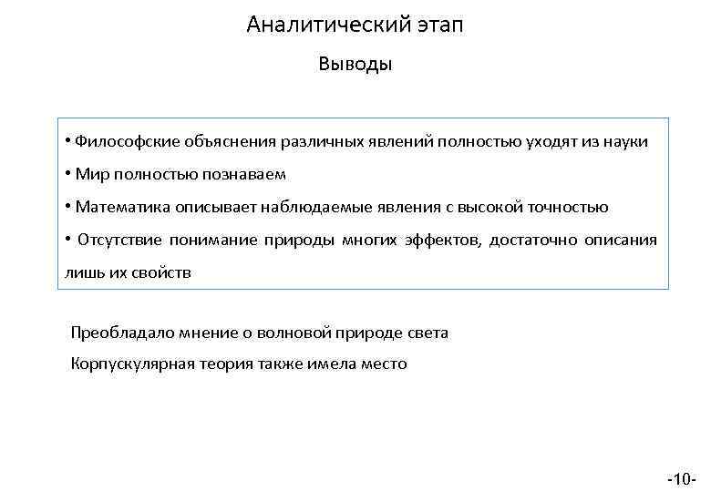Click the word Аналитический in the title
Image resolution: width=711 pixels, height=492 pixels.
tap(319, 25)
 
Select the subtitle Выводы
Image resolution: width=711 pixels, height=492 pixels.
tap(355, 65)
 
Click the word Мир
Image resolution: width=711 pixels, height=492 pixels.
tap(92, 174)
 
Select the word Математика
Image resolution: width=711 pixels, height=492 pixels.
tap(118, 207)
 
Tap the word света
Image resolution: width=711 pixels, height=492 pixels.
tap(428, 333)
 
